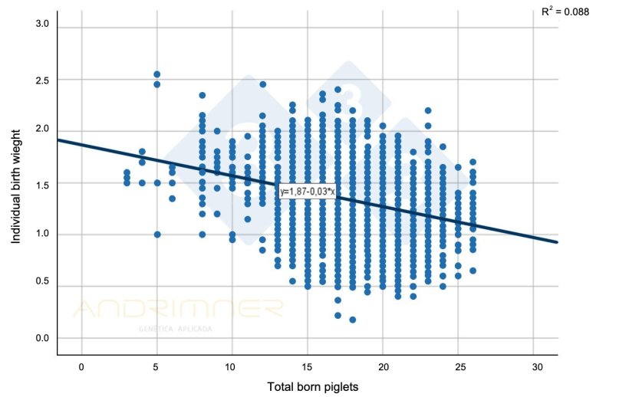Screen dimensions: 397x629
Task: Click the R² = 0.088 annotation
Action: tap(565, 11)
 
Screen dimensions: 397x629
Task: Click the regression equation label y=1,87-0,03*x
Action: tap(307, 191)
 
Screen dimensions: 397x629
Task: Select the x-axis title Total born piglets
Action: tap(313, 386)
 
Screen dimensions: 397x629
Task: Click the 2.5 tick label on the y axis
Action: tap(41, 80)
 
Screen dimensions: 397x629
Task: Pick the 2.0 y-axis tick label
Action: tap(41, 130)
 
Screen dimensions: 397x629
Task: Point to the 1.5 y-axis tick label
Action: tap(41, 183)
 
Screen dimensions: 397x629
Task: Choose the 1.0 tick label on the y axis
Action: tap(41, 235)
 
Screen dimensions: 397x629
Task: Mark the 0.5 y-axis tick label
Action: tap(41, 286)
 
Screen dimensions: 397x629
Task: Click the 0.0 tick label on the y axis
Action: tap(41, 338)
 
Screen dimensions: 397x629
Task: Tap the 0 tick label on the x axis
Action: tap(81, 366)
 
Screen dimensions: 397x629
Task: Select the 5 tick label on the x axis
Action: tap(156, 366)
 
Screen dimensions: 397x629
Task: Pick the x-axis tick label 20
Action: tap(383, 366)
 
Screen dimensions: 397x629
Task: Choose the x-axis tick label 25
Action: tap(458, 366)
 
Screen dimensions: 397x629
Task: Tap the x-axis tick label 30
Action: tap(534, 366)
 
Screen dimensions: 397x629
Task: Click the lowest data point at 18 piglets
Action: tap(352, 320)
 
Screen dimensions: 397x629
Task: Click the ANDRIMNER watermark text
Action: tap(178, 309)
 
